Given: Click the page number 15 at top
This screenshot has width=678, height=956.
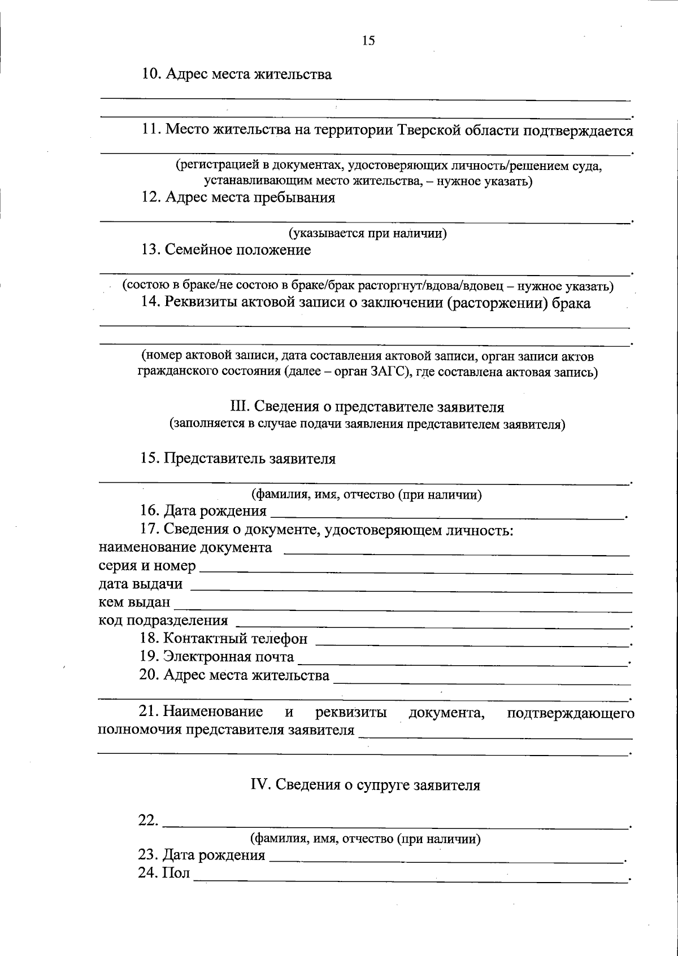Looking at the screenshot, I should (x=368, y=41).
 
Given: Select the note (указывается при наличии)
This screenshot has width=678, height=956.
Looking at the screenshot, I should (x=368, y=233).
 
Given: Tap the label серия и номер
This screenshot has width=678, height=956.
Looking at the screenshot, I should (x=147, y=566).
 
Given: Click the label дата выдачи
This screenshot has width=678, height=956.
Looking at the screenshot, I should (x=140, y=584).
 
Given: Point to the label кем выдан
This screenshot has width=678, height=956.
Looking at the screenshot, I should (x=134, y=603).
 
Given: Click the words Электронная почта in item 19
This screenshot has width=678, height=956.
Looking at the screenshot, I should (x=229, y=657).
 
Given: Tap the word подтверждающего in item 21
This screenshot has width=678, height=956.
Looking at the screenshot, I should (x=570, y=713).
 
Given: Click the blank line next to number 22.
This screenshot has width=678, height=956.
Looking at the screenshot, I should (x=395, y=824).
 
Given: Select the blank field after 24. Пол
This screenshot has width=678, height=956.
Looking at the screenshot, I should (x=410, y=878).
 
